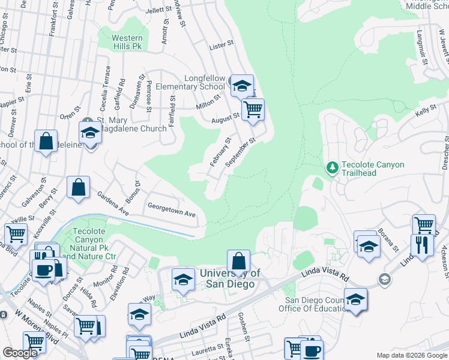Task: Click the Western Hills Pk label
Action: click(x=127, y=42)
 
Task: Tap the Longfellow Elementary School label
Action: click(x=190, y=83)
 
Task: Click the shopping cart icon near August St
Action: click(x=253, y=110)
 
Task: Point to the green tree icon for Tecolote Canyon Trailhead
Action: click(x=331, y=166)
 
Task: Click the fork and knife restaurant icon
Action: click(x=422, y=245)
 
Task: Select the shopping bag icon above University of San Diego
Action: click(x=238, y=261)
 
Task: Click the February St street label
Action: click(x=220, y=152)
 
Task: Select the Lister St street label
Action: click(x=220, y=46)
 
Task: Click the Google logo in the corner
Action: click(x=20, y=353)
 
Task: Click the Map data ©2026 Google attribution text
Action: click(x=412, y=355)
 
